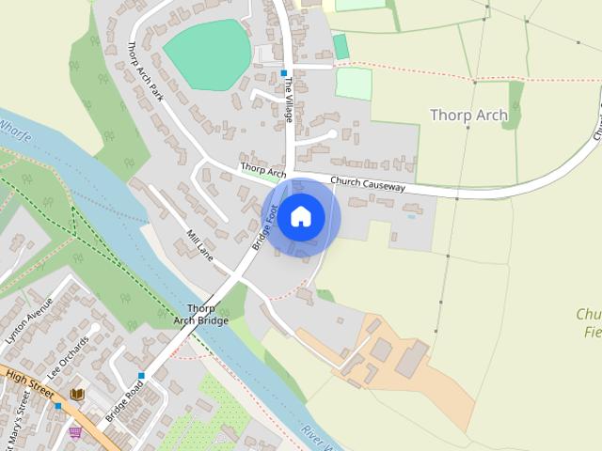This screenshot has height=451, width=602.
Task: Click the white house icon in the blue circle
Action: [x=301, y=217]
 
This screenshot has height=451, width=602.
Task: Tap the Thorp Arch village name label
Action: [x=468, y=116]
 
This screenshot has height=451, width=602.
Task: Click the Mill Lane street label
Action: [x=201, y=245]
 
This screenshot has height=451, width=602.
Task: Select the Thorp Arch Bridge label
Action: [x=200, y=315]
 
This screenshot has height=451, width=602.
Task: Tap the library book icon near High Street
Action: [x=77, y=395]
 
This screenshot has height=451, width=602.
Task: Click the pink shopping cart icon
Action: [x=75, y=431]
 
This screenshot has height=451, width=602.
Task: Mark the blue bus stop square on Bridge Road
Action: [x=142, y=376]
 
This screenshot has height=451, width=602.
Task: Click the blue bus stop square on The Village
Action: [x=283, y=72]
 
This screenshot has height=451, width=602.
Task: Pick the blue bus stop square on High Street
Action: [x=57, y=406]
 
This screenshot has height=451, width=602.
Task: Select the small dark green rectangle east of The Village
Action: [x=341, y=46]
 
